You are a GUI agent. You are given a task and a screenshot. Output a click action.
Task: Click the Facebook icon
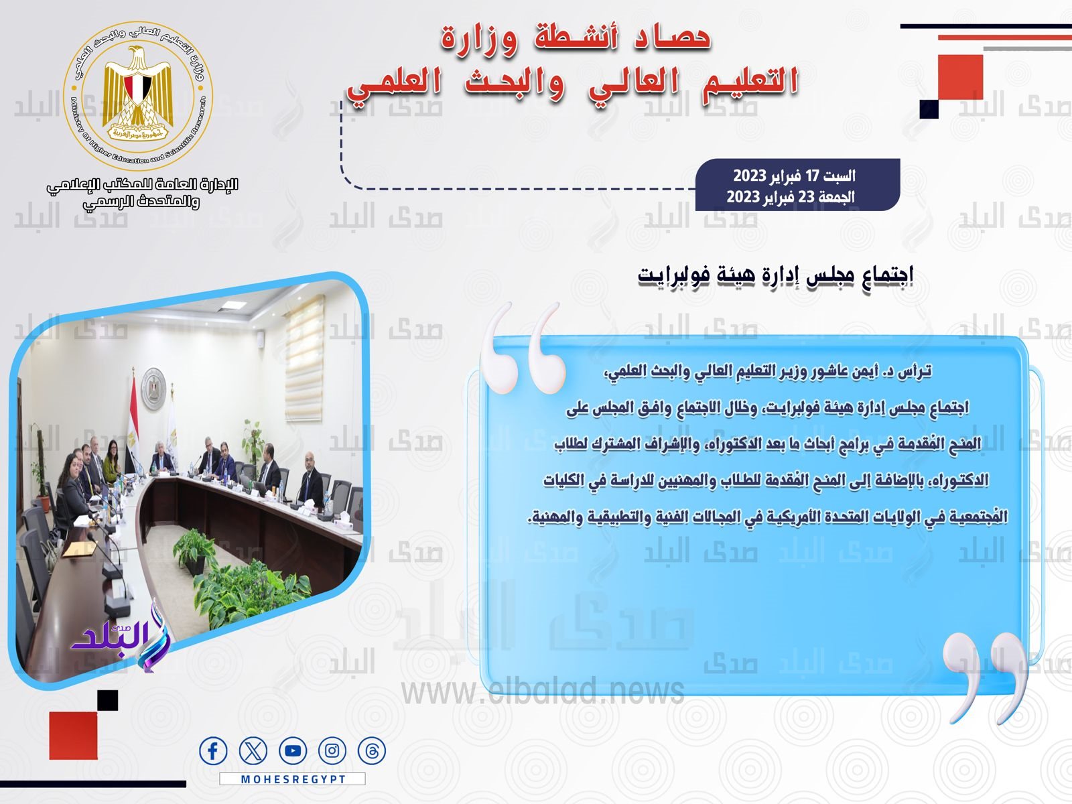(x=213, y=751)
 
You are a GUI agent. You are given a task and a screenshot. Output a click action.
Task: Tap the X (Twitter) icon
(x=253, y=751)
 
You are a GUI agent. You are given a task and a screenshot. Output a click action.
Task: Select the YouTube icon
(x=292, y=751)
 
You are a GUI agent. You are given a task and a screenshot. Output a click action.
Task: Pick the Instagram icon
(x=332, y=751)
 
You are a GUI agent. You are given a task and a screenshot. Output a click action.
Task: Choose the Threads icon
(x=371, y=751)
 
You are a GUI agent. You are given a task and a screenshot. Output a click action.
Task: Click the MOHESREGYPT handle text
(x=293, y=779)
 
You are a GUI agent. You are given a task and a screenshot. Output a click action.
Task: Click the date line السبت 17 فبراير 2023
(x=794, y=176)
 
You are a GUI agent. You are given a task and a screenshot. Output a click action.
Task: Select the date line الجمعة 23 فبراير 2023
(x=791, y=197)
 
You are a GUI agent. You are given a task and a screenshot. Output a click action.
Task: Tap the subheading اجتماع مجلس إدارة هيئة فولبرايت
(x=776, y=276)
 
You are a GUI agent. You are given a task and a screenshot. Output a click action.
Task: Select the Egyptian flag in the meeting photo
(x=133, y=409)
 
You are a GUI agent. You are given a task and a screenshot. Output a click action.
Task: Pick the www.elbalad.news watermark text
(x=543, y=691)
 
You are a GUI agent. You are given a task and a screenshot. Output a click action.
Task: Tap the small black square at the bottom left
(x=107, y=700)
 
